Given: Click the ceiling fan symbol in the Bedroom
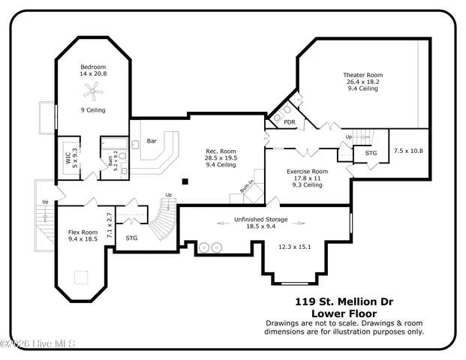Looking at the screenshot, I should pyautogui.click(x=93, y=91).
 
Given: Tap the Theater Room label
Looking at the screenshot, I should pyautogui.click(x=363, y=75).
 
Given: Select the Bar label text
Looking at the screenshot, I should pyautogui.click(x=151, y=140).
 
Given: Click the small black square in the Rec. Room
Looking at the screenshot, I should pyautogui.click(x=185, y=181).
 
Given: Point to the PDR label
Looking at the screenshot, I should pyautogui.click(x=288, y=123).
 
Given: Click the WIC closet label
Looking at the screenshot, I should pyautogui.click(x=68, y=157).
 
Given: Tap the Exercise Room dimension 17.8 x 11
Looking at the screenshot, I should pyautogui.click(x=308, y=178).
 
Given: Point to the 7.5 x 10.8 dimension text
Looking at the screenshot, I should pyautogui.click(x=408, y=151).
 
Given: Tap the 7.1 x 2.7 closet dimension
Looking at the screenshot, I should pyautogui.click(x=109, y=225).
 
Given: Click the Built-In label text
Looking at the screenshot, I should pyautogui.click(x=246, y=186).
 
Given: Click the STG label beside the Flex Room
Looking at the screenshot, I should pyautogui.click(x=131, y=238).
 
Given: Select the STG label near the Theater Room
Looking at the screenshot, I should pyautogui.click(x=371, y=153).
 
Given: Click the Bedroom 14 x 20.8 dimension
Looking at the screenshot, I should pyautogui.click(x=93, y=74).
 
